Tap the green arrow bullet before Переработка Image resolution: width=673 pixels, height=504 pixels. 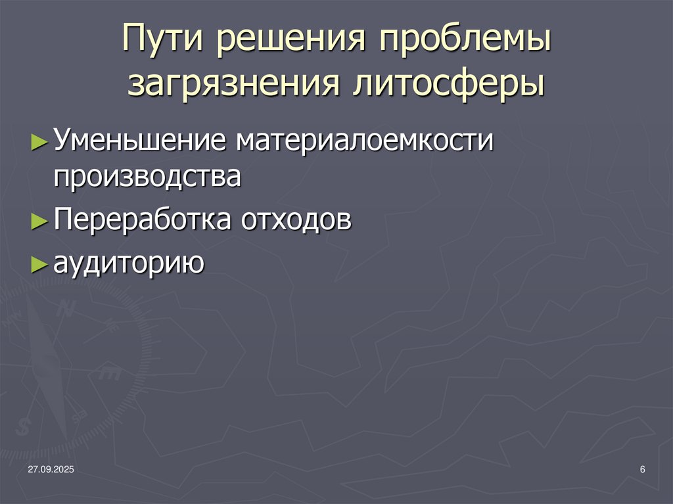(x=39, y=221)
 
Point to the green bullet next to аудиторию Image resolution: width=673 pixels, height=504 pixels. (x=39, y=263)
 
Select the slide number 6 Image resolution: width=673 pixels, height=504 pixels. (x=642, y=469)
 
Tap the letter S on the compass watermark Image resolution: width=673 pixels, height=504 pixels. (x=24, y=426)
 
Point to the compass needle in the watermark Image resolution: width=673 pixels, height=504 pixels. (x=46, y=368)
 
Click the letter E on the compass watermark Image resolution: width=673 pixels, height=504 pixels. (x=109, y=374)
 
